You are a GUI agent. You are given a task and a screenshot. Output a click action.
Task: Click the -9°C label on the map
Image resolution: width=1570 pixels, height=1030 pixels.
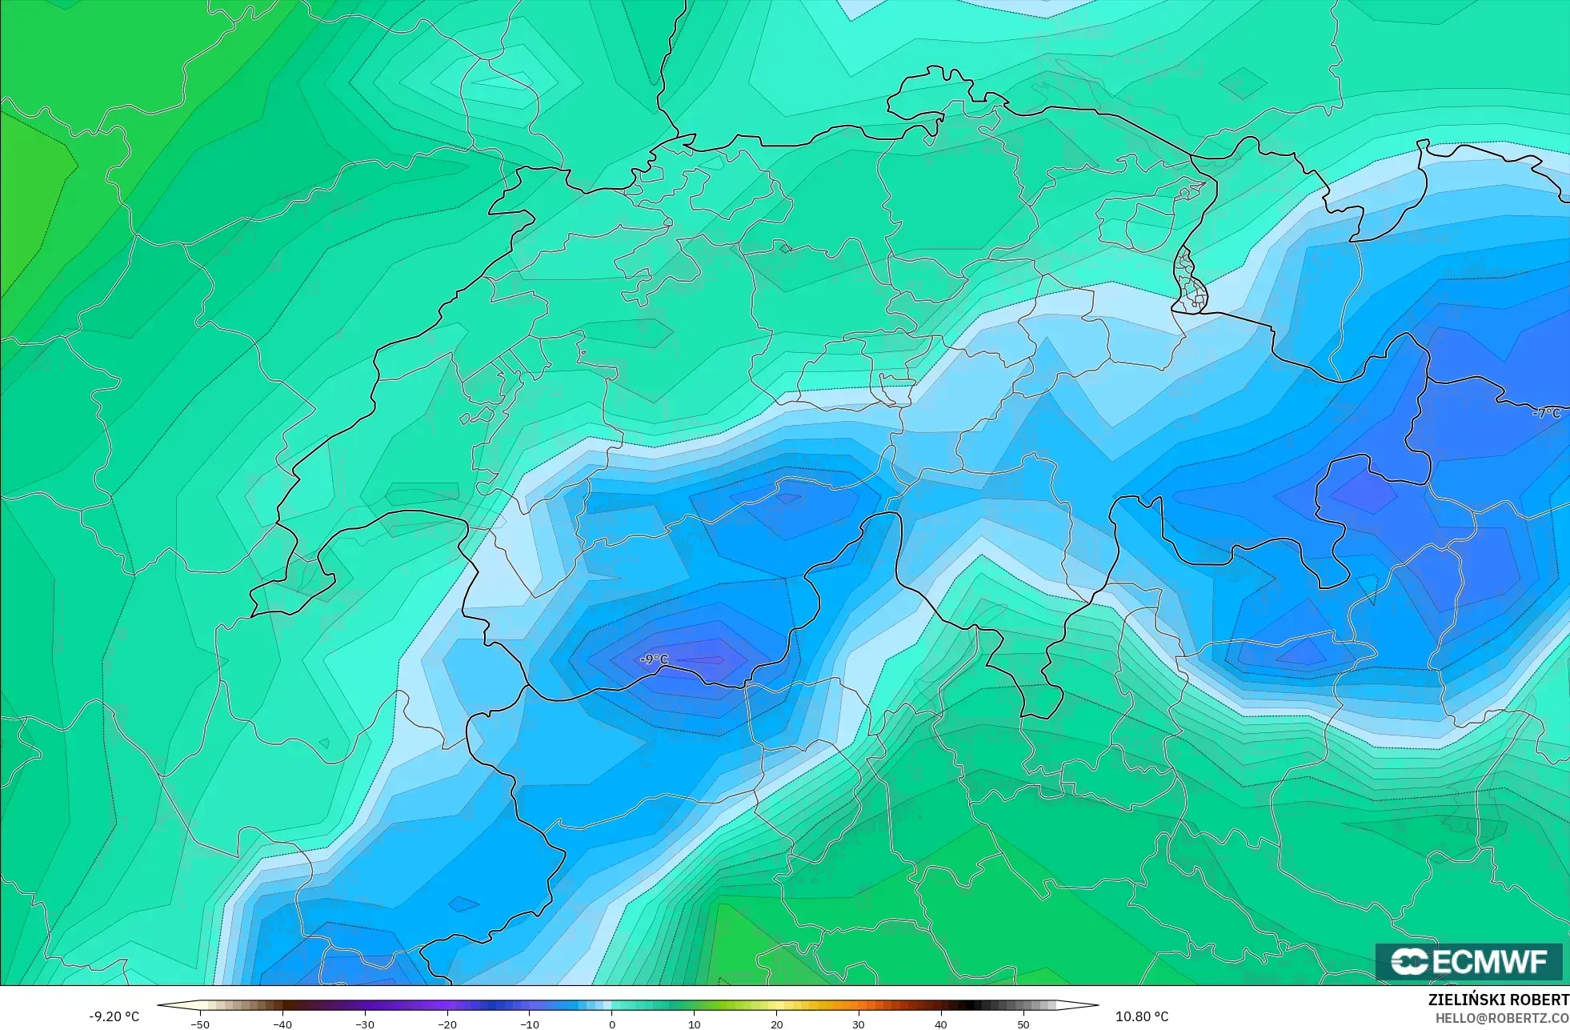(x=654, y=659)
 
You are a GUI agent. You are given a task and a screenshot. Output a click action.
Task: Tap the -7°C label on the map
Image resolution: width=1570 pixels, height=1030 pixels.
(x=1546, y=413)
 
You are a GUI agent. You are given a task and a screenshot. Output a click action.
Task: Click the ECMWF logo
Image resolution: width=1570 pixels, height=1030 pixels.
(x=1468, y=961)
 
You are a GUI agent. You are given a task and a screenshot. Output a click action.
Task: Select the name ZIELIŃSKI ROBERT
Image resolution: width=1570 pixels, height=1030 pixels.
(x=1498, y=1000)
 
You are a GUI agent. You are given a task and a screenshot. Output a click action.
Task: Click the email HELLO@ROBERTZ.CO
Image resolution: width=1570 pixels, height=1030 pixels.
(x=1501, y=1018)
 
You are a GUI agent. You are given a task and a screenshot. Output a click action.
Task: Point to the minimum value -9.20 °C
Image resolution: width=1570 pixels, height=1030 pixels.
(x=114, y=1016)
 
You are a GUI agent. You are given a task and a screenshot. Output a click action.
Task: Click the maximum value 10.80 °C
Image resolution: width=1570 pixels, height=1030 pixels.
(x=1142, y=1016)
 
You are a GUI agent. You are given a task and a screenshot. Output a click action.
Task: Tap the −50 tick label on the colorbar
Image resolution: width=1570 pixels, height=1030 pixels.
(x=200, y=1024)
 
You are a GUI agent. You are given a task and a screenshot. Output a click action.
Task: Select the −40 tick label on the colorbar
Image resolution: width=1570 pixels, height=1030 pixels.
(x=282, y=1024)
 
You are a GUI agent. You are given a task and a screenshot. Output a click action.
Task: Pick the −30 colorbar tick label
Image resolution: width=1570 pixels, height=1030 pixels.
(x=365, y=1024)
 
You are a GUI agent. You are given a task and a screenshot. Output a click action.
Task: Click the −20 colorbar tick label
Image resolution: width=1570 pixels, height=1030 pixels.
(x=447, y=1024)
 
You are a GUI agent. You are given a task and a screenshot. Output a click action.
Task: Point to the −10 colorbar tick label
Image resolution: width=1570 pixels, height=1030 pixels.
(x=530, y=1024)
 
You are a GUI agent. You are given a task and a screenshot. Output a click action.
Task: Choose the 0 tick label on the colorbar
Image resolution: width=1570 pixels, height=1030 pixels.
(x=612, y=1024)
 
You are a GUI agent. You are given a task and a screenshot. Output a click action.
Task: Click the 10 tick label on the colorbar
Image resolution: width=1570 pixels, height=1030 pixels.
(x=694, y=1024)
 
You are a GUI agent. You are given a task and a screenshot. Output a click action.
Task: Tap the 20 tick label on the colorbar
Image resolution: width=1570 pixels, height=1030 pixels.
(x=776, y=1024)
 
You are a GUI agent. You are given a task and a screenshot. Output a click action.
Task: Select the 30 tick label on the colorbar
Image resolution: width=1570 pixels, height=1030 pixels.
(x=859, y=1024)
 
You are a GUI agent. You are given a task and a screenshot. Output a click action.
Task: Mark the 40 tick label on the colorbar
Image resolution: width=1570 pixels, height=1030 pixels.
(x=941, y=1024)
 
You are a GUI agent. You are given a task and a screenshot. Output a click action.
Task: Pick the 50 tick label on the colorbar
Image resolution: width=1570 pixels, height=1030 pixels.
(x=1023, y=1024)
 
